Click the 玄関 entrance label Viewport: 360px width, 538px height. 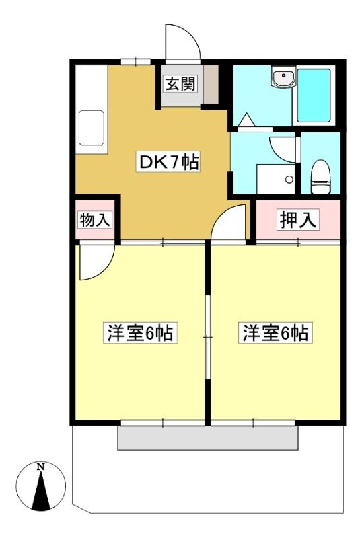181,83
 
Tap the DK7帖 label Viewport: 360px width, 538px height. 168,161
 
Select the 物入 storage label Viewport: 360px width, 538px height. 95,220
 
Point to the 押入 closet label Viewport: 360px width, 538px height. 298,220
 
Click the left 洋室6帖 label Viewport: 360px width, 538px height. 140,332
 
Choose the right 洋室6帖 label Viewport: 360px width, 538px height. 275,332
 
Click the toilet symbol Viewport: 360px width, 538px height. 320,177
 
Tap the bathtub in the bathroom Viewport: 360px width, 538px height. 314,95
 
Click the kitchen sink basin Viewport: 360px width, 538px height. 92,128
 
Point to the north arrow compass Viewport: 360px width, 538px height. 41,486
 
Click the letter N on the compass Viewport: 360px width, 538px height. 41,467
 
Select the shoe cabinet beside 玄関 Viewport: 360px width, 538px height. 211,85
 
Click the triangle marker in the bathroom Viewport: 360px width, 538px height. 246,120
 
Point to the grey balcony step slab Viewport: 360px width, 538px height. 208,438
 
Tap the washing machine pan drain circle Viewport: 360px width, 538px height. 289,179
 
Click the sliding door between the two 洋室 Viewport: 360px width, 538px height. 208,337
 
